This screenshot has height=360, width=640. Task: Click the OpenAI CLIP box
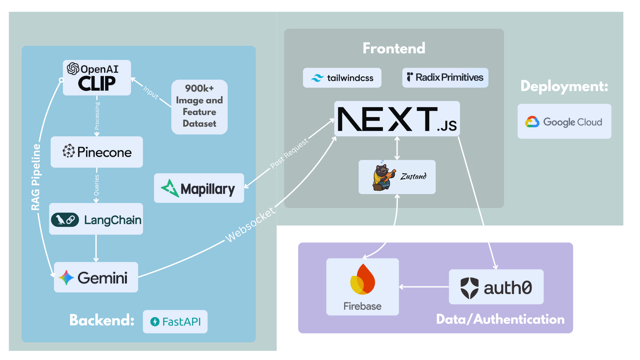tap(97, 78)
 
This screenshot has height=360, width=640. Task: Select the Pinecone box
tap(97, 152)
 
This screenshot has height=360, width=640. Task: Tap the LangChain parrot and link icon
tap(65, 220)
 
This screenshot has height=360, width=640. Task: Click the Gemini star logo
tap(66, 277)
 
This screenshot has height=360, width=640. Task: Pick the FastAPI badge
tap(175, 322)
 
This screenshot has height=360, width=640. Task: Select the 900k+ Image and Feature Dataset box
tap(199, 107)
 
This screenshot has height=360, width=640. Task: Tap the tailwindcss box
tap(342, 78)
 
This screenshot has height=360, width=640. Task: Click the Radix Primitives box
tap(445, 78)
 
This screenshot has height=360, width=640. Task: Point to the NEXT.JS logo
tap(397, 119)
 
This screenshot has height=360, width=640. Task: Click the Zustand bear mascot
tap(383, 177)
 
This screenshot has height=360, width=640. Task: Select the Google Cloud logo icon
tap(532, 122)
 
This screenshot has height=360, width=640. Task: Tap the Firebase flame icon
tap(363, 280)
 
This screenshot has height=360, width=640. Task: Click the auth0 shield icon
tap(469, 287)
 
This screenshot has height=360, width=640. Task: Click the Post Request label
tap(289, 154)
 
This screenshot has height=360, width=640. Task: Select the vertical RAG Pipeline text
tap(36, 177)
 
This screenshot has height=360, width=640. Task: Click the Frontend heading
tap(394, 48)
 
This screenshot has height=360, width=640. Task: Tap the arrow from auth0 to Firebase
tap(424, 287)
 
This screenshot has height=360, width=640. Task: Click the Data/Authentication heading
tap(500, 319)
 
